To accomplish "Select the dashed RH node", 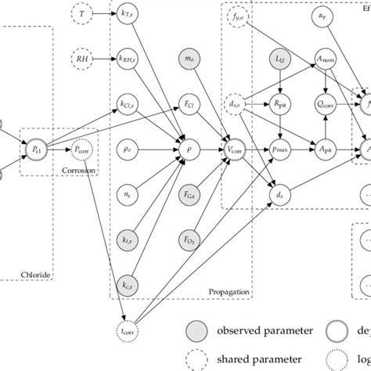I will (x=83, y=59).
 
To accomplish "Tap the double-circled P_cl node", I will (x=35, y=149).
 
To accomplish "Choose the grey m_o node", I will (x=189, y=59).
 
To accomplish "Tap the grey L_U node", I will (x=279, y=59).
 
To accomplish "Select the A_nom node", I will (x=324, y=59).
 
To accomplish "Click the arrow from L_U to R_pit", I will (x=279, y=81).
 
